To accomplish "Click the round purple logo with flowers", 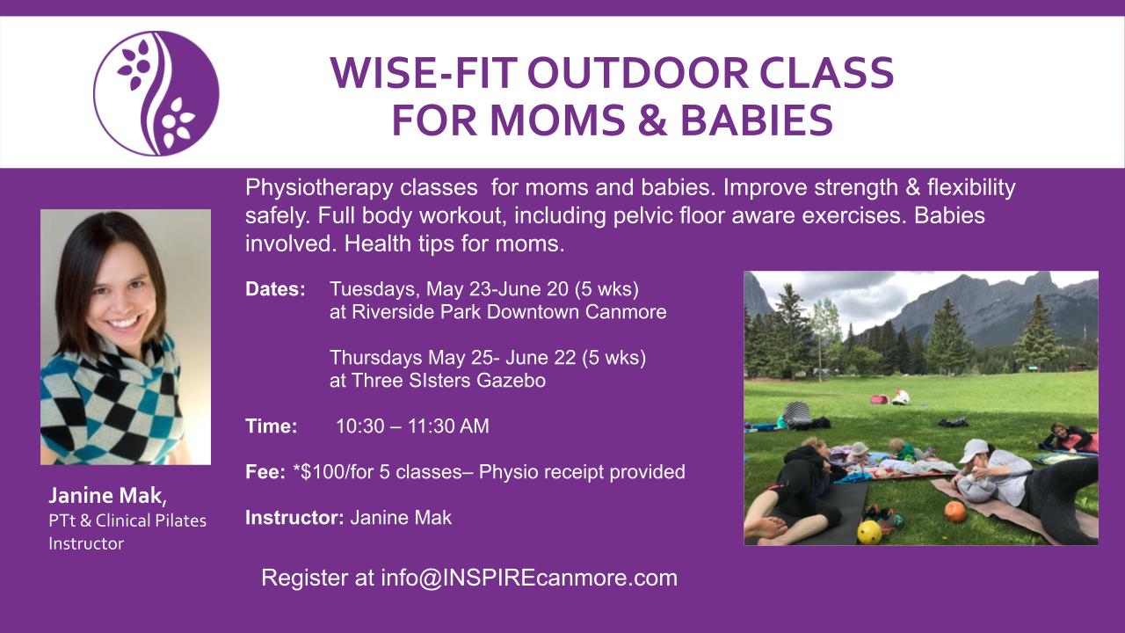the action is point(156,93).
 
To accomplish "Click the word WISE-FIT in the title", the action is point(425,73).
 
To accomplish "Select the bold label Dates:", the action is point(275,289).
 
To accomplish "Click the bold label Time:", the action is point(272,426).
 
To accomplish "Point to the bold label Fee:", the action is point(265,472).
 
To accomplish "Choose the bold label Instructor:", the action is point(294,518).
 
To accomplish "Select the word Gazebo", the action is point(511,381).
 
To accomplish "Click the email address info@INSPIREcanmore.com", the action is point(529,578).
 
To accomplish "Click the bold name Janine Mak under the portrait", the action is point(106,496).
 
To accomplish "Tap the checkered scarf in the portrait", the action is point(111,397).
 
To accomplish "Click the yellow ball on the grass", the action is point(869,532).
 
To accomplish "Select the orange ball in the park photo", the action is point(954,512).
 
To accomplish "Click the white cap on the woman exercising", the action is point(973,449).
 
